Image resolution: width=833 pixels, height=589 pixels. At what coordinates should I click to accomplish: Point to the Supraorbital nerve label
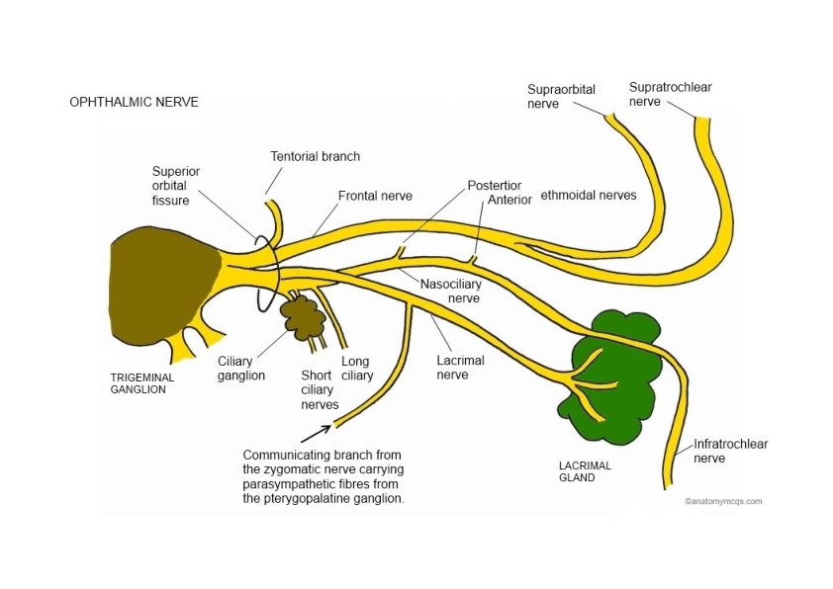tap(561, 96)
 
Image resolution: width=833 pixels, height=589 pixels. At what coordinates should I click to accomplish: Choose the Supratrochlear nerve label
tap(670, 94)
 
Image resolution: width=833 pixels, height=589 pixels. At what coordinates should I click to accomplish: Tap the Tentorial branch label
tap(315, 156)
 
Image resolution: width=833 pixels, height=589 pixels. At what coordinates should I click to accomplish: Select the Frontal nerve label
tap(375, 196)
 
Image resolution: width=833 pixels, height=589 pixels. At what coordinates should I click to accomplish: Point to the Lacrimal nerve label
tap(459, 367)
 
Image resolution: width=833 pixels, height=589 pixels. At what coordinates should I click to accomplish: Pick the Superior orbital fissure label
tap(175, 185)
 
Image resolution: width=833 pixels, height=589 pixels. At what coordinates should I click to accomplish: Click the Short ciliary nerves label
tap(319, 389)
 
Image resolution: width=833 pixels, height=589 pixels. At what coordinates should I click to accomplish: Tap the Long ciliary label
tap(357, 368)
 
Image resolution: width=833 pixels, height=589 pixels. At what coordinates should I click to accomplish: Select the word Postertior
tap(495, 186)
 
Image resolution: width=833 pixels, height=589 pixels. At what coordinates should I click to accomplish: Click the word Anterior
tap(510, 200)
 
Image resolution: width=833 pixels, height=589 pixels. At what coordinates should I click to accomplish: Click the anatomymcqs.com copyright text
tap(723, 501)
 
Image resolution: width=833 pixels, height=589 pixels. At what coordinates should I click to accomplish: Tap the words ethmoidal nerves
tap(588, 196)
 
